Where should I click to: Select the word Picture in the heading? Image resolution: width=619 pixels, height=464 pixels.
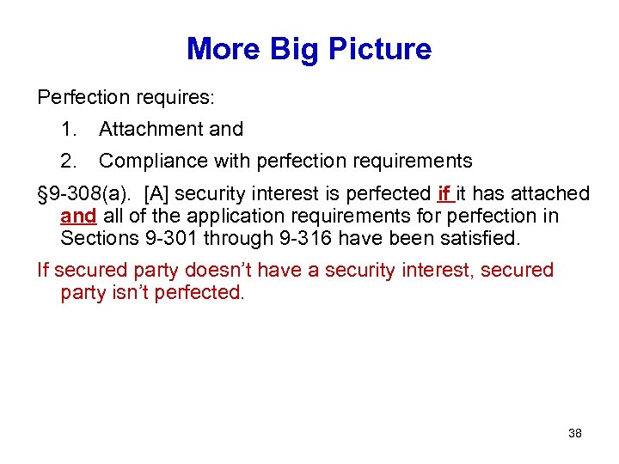[378, 49]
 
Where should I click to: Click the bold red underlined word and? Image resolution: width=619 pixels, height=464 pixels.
[78, 216]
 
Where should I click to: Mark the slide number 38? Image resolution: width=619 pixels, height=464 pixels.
[575, 433]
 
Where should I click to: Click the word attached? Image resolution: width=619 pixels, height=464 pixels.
[551, 194]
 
